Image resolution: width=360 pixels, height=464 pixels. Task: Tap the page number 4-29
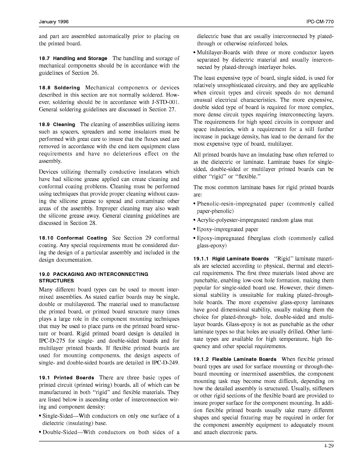[329, 446]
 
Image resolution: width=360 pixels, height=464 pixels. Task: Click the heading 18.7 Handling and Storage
[73, 59]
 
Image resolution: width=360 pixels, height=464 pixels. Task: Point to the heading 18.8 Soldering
[59, 88]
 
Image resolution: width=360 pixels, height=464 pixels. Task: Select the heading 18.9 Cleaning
[57, 125]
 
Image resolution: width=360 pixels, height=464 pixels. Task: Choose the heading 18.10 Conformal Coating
[73, 238]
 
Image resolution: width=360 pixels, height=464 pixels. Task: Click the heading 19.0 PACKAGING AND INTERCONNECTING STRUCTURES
[93, 277]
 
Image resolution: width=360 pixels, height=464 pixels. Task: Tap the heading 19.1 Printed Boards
[66, 378]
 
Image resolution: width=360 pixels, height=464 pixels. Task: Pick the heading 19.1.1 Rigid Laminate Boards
[231, 259]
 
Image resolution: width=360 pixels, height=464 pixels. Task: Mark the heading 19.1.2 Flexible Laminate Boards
[235, 359]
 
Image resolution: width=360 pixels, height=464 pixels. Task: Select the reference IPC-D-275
[53, 341]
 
